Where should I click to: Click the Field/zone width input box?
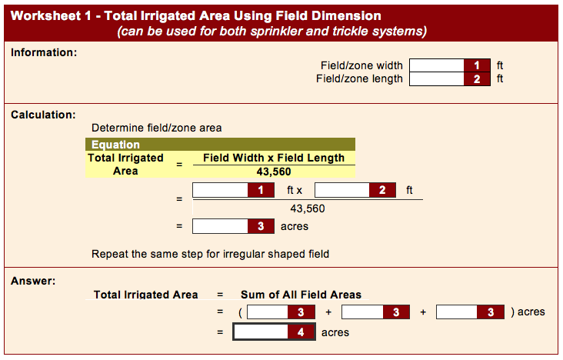(449, 65)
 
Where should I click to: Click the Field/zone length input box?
(449, 79)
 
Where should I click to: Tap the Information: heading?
(44, 52)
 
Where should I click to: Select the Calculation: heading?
(43, 115)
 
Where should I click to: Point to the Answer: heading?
(33, 281)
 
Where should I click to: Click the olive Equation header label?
(115, 145)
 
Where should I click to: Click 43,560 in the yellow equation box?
(274, 172)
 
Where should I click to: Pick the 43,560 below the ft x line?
(308, 208)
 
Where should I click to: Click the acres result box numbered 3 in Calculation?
(233, 226)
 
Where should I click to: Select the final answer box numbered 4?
(275, 332)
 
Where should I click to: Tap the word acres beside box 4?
(335, 333)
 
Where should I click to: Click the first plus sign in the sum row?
(328, 312)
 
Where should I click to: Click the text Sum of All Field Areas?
(301, 295)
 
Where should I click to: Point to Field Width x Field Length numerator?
(274, 158)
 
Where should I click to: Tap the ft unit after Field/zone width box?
(500, 65)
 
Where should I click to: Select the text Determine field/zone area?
(157, 128)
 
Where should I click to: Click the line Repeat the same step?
(211, 254)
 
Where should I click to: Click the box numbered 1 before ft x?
(233, 190)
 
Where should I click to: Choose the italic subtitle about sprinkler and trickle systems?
(272, 32)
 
